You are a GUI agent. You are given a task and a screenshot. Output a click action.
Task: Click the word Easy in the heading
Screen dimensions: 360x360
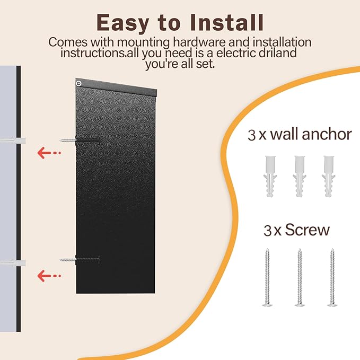click(x=123, y=23)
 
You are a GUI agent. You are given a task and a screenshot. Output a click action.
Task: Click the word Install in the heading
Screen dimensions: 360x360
click(x=227, y=22)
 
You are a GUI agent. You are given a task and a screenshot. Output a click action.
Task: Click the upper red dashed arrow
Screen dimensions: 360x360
click(x=49, y=153)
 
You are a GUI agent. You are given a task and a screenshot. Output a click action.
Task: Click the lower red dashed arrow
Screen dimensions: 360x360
click(x=49, y=276)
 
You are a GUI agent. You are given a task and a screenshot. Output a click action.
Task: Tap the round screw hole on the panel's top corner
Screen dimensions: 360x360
click(x=79, y=83)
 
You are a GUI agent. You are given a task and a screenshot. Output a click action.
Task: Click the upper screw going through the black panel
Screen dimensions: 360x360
click(x=80, y=140)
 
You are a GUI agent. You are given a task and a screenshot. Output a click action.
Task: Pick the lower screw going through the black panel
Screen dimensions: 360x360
click(x=80, y=259)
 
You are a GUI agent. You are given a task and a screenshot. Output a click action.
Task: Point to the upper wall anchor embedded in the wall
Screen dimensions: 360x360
click(x=13, y=141)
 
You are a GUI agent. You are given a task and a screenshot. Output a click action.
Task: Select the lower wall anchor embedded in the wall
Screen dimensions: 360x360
click(x=13, y=263)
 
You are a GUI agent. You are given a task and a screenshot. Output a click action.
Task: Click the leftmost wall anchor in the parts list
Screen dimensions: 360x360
click(x=270, y=177)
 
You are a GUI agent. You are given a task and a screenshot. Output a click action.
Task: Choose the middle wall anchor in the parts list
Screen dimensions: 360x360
click(x=300, y=177)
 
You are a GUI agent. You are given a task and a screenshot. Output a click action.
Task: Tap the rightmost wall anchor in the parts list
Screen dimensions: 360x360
click(x=329, y=177)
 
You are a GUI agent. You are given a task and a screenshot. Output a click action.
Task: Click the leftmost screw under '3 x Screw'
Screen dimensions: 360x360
click(x=267, y=277)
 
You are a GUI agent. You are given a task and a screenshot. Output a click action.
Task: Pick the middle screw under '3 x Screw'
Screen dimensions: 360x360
click(x=300, y=277)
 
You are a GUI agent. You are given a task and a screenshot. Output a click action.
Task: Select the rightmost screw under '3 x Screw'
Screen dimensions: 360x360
click(x=332, y=277)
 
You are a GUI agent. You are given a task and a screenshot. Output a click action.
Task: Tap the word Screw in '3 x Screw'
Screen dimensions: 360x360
click(x=307, y=230)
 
